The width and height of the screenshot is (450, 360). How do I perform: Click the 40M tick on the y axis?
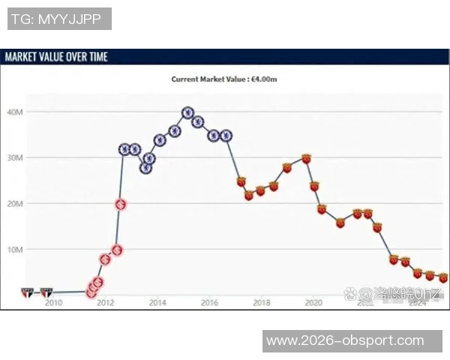[x=15, y=112]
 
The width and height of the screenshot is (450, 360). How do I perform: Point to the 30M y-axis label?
[x=15, y=157]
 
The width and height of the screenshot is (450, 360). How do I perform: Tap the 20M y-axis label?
[x=15, y=203]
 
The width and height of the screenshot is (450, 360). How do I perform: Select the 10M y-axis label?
[x=15, y=249]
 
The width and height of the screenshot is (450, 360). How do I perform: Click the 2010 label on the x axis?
[x=53, y=303]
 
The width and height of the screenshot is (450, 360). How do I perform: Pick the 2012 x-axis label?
[x=105, y=303]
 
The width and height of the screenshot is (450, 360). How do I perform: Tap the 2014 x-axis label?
[x=157, y=303]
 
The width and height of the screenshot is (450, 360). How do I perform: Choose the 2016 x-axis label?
[x=209, y=303]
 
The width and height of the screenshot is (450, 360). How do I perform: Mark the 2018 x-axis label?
[x=261, y=303]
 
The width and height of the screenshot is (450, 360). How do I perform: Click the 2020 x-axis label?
[x=313, y=303]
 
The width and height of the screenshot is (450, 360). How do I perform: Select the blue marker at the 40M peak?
[x=187, y=113]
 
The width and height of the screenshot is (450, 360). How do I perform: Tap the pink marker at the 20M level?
[x=119, y=204]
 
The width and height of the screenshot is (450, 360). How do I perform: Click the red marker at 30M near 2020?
[x=306, y=158]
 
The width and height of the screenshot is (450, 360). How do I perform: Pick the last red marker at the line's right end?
[x=442, y=277]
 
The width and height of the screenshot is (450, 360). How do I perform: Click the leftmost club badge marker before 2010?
[x=28, y=292]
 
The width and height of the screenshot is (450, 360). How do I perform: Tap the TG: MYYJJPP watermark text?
[x=59, y=19]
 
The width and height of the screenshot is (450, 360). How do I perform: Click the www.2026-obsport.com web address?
[x=345, y=340]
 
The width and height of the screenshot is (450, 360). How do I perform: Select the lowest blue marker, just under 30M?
[x=145, y=168]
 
